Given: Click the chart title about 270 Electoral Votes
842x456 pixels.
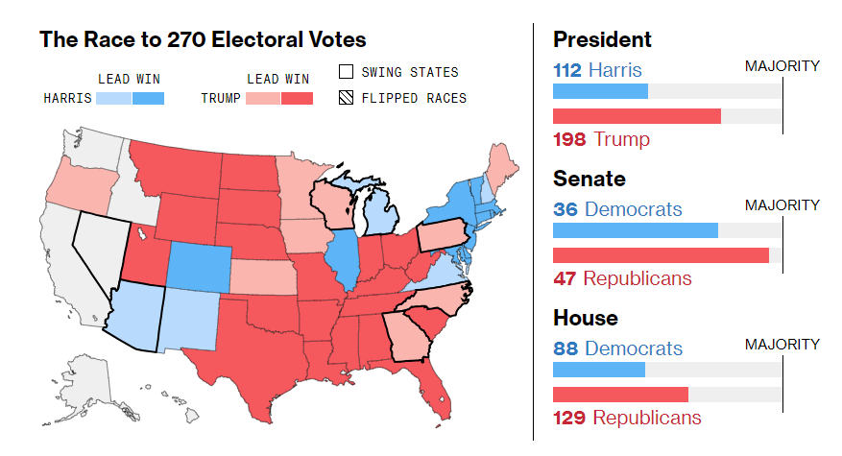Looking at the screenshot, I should tap(203, 40).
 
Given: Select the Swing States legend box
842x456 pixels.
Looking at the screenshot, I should tap(347, 72).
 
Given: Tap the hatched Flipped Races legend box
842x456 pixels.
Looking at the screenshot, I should tap(347, 98).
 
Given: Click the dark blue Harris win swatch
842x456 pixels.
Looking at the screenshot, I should tap(148, 98).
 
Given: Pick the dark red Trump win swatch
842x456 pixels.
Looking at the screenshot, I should tap(297, 98).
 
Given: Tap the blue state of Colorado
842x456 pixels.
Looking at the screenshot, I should tap(200, 264).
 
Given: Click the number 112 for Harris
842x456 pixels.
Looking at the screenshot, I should tap(567, 70).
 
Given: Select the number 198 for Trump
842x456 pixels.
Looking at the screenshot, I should tap(569, 140).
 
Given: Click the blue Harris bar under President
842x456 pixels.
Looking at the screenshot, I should tap(600, 91).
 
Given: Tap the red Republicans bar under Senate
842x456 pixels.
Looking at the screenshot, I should tap(661, 255).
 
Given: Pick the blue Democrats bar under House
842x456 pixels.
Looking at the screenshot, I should tap(598, 370).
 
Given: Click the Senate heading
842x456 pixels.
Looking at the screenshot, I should tap(589, 180).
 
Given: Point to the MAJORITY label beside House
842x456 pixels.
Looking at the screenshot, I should tap(782, 344).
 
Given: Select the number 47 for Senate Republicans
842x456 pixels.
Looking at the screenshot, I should tap(565, 278).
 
